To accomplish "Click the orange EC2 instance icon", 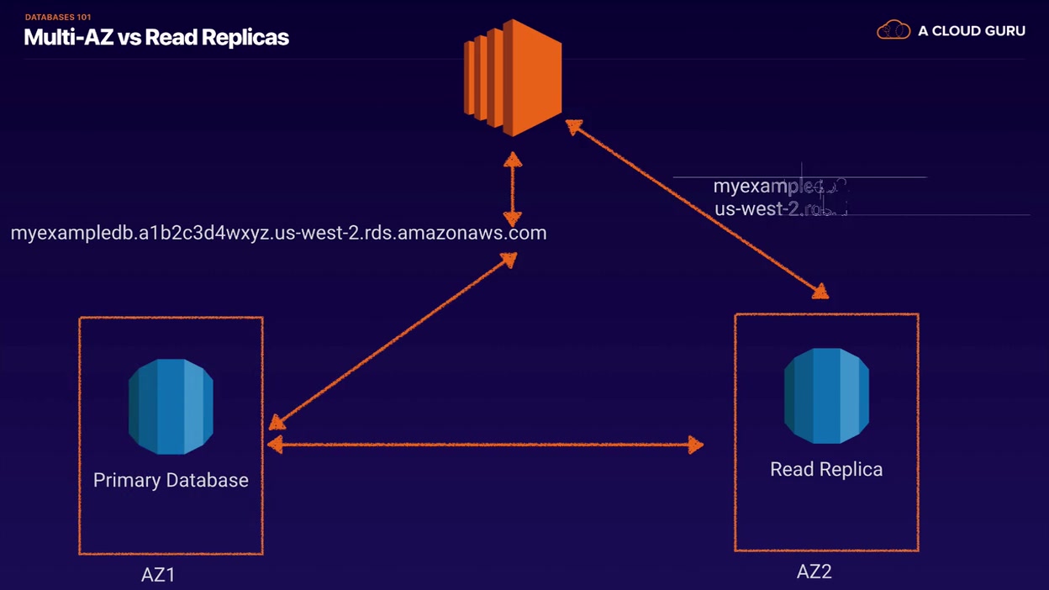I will click(x=513, y=78).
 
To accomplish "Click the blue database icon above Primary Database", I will click(x=171, y=407).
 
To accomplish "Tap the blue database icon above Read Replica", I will click(x=826, y=396).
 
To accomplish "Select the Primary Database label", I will click(x=171, y=480).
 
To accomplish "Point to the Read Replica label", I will click(x=826, y=469).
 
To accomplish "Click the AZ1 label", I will click(x=158, y=576).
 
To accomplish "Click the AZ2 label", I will click(x=814, y=572).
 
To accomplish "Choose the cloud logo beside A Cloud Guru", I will click(x=893, y=30).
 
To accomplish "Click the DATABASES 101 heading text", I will click(x=58, y=17).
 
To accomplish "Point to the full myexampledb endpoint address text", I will click(x=278, y=233).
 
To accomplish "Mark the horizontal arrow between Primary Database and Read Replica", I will click(x=485, y=445).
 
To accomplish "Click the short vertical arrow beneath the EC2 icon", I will click(x=512, y=189).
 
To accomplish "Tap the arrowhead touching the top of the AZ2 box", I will click(x=819, y=291).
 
